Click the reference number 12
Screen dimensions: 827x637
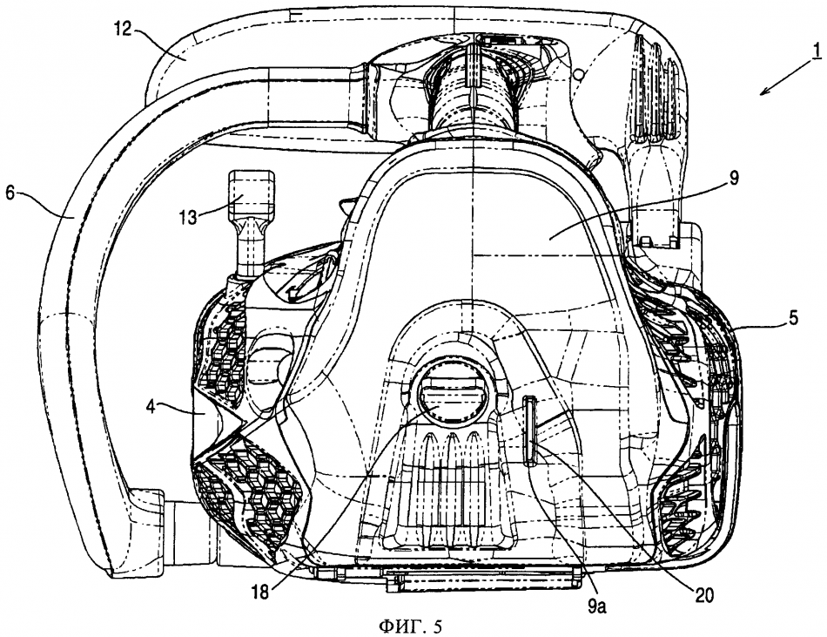point(123,29)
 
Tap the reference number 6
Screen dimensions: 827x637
point(10,193)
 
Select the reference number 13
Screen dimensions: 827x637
point(188,216)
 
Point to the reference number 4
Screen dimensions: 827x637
point(151,408)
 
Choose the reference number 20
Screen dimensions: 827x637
point(703,595)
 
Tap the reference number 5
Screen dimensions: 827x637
point(793,318)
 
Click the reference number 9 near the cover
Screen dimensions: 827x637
point(733,179)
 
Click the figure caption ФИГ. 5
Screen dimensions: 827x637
point(410,627)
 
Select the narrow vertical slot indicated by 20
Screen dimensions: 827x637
point(529,432)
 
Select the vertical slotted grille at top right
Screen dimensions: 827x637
point(654,85)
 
